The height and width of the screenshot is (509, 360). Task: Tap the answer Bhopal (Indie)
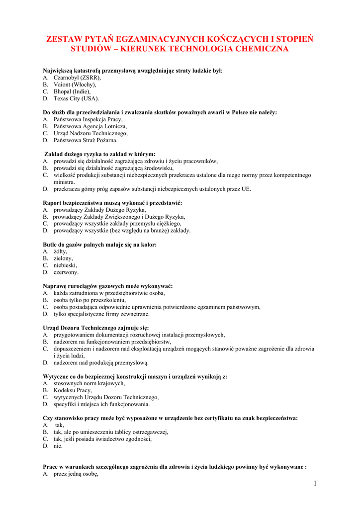[72, 91]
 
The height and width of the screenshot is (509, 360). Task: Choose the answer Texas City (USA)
[76, 98]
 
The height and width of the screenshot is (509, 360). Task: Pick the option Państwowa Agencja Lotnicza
[90, 126]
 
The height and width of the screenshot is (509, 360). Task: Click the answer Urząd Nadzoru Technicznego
[90, 133]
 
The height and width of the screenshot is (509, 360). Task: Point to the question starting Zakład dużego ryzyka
[100, 154]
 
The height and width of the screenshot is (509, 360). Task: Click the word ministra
[64, 182]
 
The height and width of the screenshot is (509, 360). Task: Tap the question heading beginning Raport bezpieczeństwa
[112, 203]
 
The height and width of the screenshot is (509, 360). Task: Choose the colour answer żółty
[60, 252]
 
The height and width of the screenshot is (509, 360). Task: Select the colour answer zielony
[63, 258]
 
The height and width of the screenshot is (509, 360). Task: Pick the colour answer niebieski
[65, 265]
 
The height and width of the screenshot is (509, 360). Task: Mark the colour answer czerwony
[66, 272]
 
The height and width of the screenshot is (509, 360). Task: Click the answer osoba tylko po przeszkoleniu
[90, 300]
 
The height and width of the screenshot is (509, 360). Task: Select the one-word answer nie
[58, 446]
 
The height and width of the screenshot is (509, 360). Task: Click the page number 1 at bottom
[315, 484]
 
